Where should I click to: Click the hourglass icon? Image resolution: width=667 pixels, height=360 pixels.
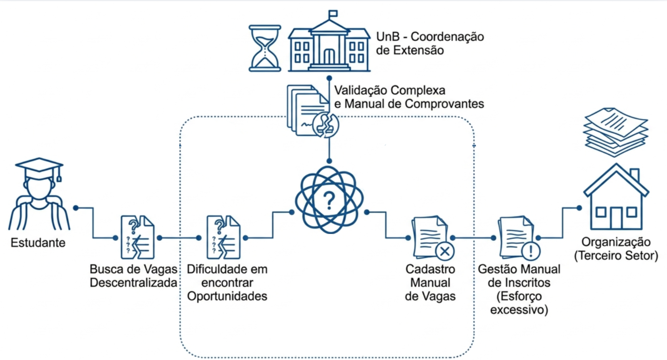(265, 48)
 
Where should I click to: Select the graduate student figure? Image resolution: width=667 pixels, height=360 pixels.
(39, 194)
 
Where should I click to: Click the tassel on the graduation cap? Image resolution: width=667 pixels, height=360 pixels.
(59, 175)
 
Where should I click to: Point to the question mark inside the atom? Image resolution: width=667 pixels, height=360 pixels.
(329, 200)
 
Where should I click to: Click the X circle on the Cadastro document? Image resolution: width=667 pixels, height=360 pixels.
(445, 252)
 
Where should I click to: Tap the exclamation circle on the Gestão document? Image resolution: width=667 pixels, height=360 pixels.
(531, 251)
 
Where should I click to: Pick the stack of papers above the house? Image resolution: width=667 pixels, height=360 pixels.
(616, 132)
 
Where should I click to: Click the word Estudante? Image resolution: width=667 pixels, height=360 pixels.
(38, 243)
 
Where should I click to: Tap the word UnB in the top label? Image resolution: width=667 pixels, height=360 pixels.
(388, 36)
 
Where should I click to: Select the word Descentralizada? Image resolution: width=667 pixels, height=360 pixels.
(133, 283)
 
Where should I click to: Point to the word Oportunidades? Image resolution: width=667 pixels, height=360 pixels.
(227, 296)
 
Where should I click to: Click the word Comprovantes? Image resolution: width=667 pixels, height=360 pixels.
(444, 104)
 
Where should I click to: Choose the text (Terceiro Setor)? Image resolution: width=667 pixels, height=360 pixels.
(616, 255)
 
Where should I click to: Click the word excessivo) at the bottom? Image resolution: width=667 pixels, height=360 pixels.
(519, 310)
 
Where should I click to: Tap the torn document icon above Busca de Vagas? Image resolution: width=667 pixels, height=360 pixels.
(138, 237)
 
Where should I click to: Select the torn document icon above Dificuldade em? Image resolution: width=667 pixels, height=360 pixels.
(223, 237)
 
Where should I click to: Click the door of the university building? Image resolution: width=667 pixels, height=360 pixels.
(329, 56)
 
